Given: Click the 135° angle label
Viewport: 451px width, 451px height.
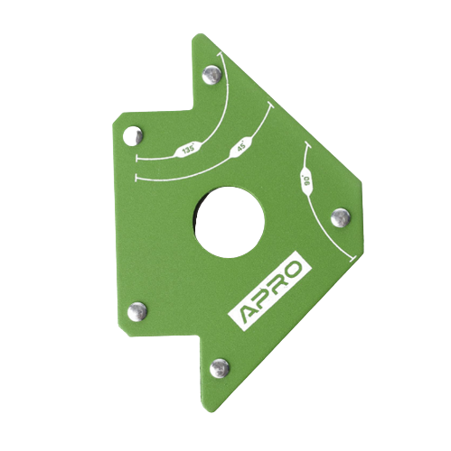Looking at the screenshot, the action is (x=188, y=150).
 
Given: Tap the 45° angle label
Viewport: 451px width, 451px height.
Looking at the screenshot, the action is (x=242, y=148).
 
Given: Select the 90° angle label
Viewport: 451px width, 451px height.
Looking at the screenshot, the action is (x=307, y=181).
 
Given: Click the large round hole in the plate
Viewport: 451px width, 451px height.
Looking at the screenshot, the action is (x=228, y=222).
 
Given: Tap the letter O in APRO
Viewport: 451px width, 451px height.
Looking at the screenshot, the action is (x=292, y=270).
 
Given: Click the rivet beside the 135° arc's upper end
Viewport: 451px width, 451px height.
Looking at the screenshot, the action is (x=211, y=75).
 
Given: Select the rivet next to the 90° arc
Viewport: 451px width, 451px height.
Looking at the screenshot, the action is (x=341, y=217).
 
